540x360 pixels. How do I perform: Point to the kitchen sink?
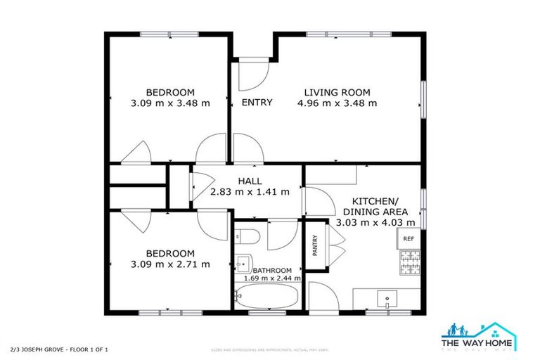(x=387, y=301)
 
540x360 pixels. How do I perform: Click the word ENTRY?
(x=257, y=103)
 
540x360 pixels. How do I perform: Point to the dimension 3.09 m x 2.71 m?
(x=170, y=264)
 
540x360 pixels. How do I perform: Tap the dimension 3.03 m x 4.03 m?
(x=378, y=223)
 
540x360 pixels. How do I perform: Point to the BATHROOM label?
(x=272, y=270)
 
